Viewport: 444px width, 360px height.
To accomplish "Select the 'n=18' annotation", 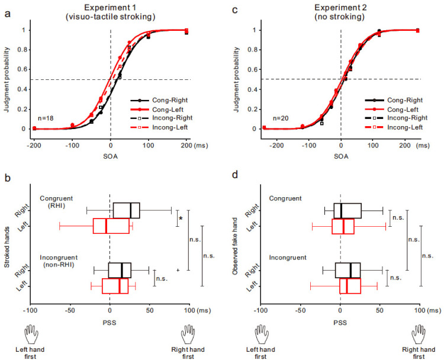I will (x=46, y=118).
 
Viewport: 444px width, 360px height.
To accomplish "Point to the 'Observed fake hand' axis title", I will (x=241, y=243).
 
